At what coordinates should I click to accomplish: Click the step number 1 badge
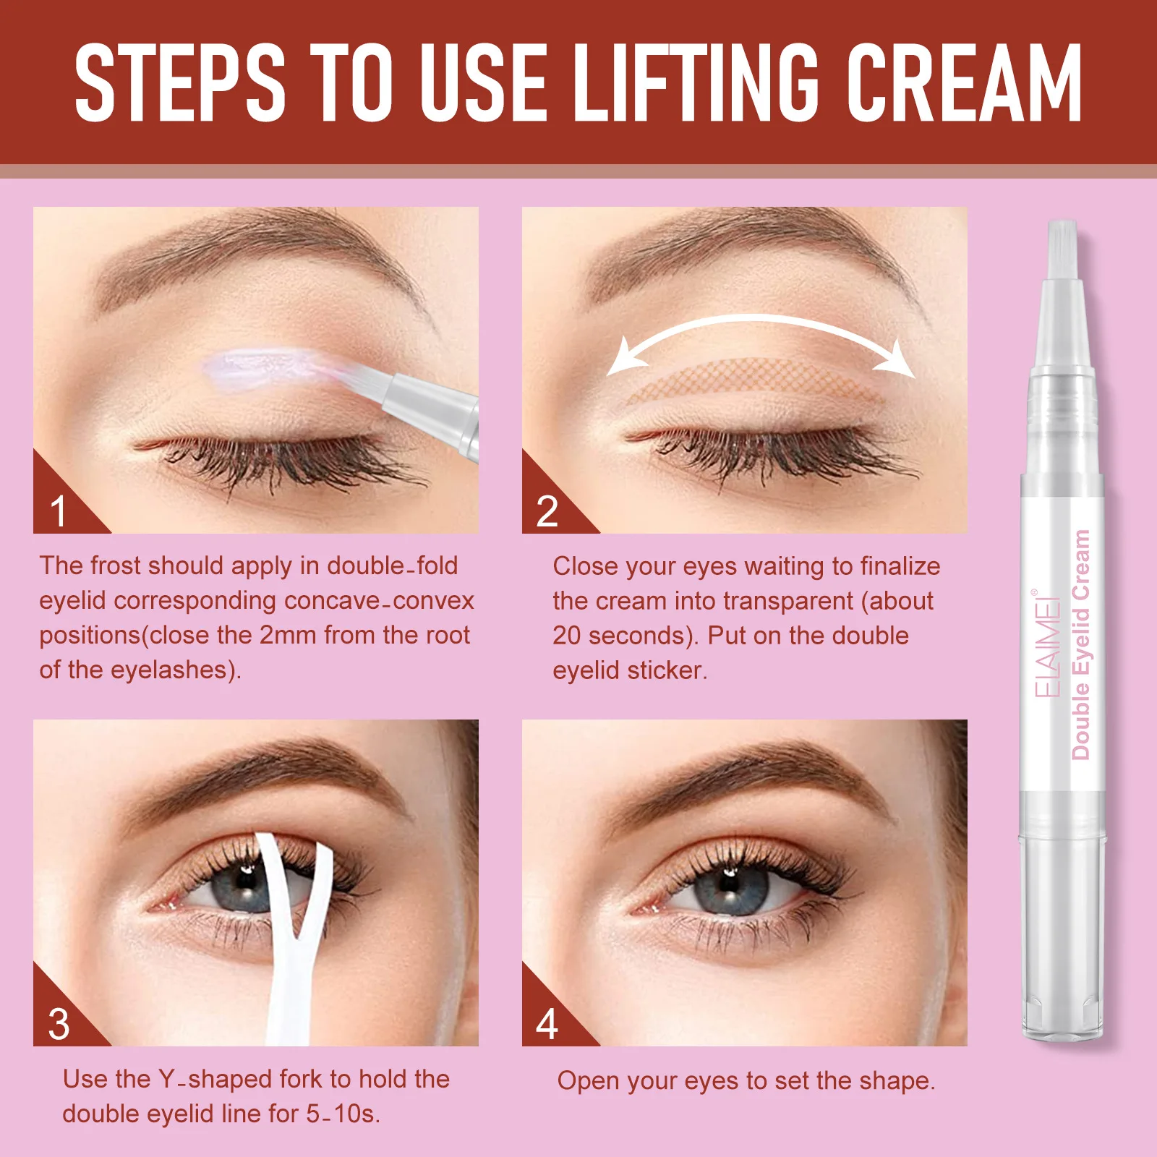[x=59, y=511]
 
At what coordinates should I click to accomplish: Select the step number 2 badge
[x=547, y=511]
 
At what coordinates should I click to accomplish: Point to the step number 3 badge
[x=59, y=1024]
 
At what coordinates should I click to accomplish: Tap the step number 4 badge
[x=547, y=1024]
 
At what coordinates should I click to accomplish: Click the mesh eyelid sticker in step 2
[x=752, y=380]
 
